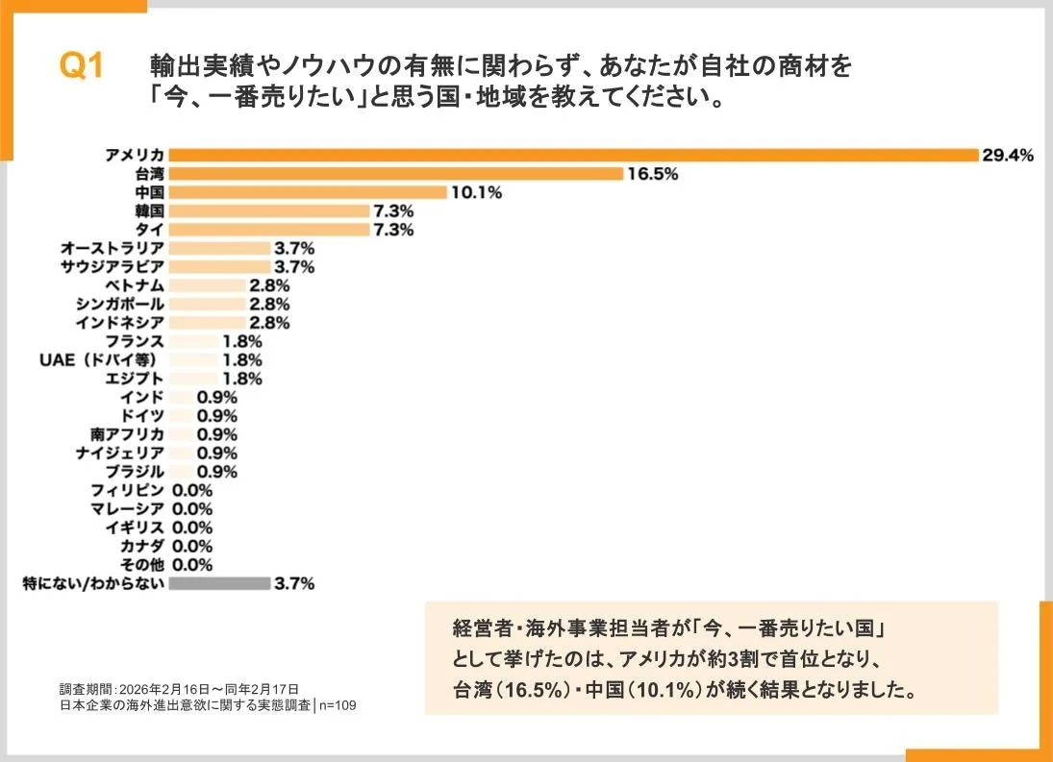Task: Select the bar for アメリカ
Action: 573,155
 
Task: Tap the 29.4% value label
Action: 1007,155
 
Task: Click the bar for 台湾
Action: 396,174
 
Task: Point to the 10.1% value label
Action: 477,192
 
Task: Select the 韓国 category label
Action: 149,210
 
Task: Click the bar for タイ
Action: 269,230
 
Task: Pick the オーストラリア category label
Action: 112,248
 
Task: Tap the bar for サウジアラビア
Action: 219,266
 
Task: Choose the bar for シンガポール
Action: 207,304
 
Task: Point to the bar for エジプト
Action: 193,379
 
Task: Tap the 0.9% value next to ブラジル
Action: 216,472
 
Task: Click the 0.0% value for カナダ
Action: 192,546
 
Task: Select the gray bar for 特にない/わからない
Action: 219,583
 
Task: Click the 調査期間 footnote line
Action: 179,689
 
